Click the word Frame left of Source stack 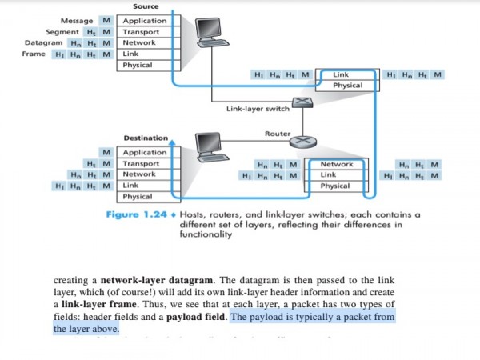35,54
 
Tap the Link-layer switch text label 252,110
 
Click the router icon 302,142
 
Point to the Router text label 277,133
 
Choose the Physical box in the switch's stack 347,86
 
